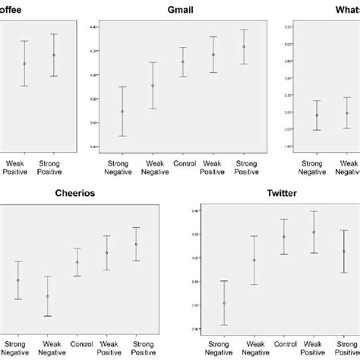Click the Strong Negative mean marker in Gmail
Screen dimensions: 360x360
click(x=122, y=112)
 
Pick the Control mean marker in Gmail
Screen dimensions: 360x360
click(x=183, y=62)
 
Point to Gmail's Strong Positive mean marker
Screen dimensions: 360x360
click(x=244, y=47)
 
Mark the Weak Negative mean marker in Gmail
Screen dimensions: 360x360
click(x=153, y=86)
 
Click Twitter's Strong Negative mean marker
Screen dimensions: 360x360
click(x=223, y=303)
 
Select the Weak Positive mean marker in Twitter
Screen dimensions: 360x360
click(x=314, y=232)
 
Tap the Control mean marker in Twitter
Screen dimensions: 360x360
click(x=284, y=237)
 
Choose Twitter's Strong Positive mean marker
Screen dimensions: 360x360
click(x=344, y=251)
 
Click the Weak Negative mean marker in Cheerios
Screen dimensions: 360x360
click(x=48, y=296)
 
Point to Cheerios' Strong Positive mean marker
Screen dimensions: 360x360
click(x=136, y=245)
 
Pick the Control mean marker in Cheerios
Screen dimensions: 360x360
click(x=77, y=262)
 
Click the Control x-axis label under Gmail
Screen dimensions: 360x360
click(x=183, y=163)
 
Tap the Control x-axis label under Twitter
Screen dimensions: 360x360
click(x=284, y=343)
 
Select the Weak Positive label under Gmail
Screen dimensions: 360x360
click(x=213, y=166)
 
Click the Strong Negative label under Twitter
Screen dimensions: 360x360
click(x=223, y=348)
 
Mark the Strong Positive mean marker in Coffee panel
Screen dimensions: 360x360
click(x=54, y=55)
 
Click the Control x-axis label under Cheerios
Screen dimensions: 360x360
click(x=77, y=343)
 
